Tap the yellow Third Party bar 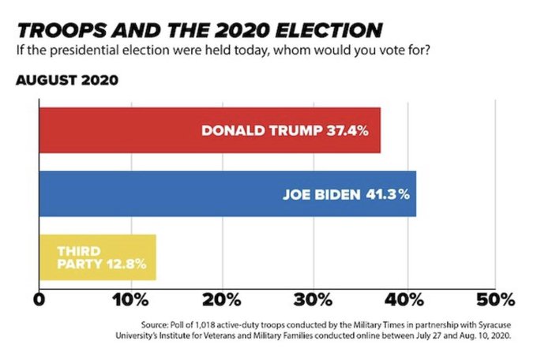98,257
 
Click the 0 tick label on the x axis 39,300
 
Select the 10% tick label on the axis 130,300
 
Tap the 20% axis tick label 222,300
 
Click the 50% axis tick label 496,300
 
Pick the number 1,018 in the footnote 208,324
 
